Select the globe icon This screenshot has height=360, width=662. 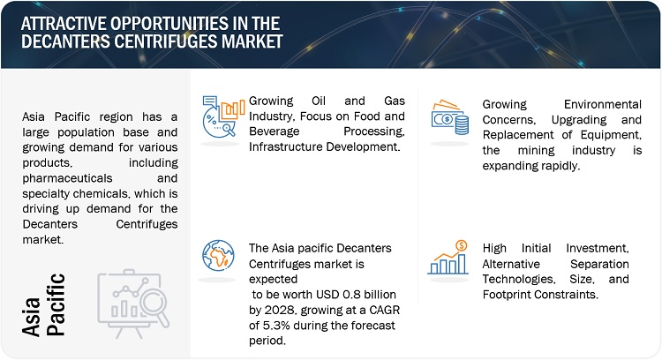click(218, 255)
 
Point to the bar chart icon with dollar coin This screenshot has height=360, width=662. click(448, 258)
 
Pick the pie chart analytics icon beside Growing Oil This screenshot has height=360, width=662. click(223, 116)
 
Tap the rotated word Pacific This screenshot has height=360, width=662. click(56, 304)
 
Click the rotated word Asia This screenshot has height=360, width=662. click(31, 317)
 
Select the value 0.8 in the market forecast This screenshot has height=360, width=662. click(351, 295)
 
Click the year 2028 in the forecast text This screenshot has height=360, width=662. click(276, 311)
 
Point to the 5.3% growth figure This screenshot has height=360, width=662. click(276, 326)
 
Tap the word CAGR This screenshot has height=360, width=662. click(384, 311)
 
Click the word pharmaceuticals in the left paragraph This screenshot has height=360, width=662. click(68, 178)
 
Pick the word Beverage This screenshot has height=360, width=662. click(274, 131)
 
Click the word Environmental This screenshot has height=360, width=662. click(603, 104)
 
